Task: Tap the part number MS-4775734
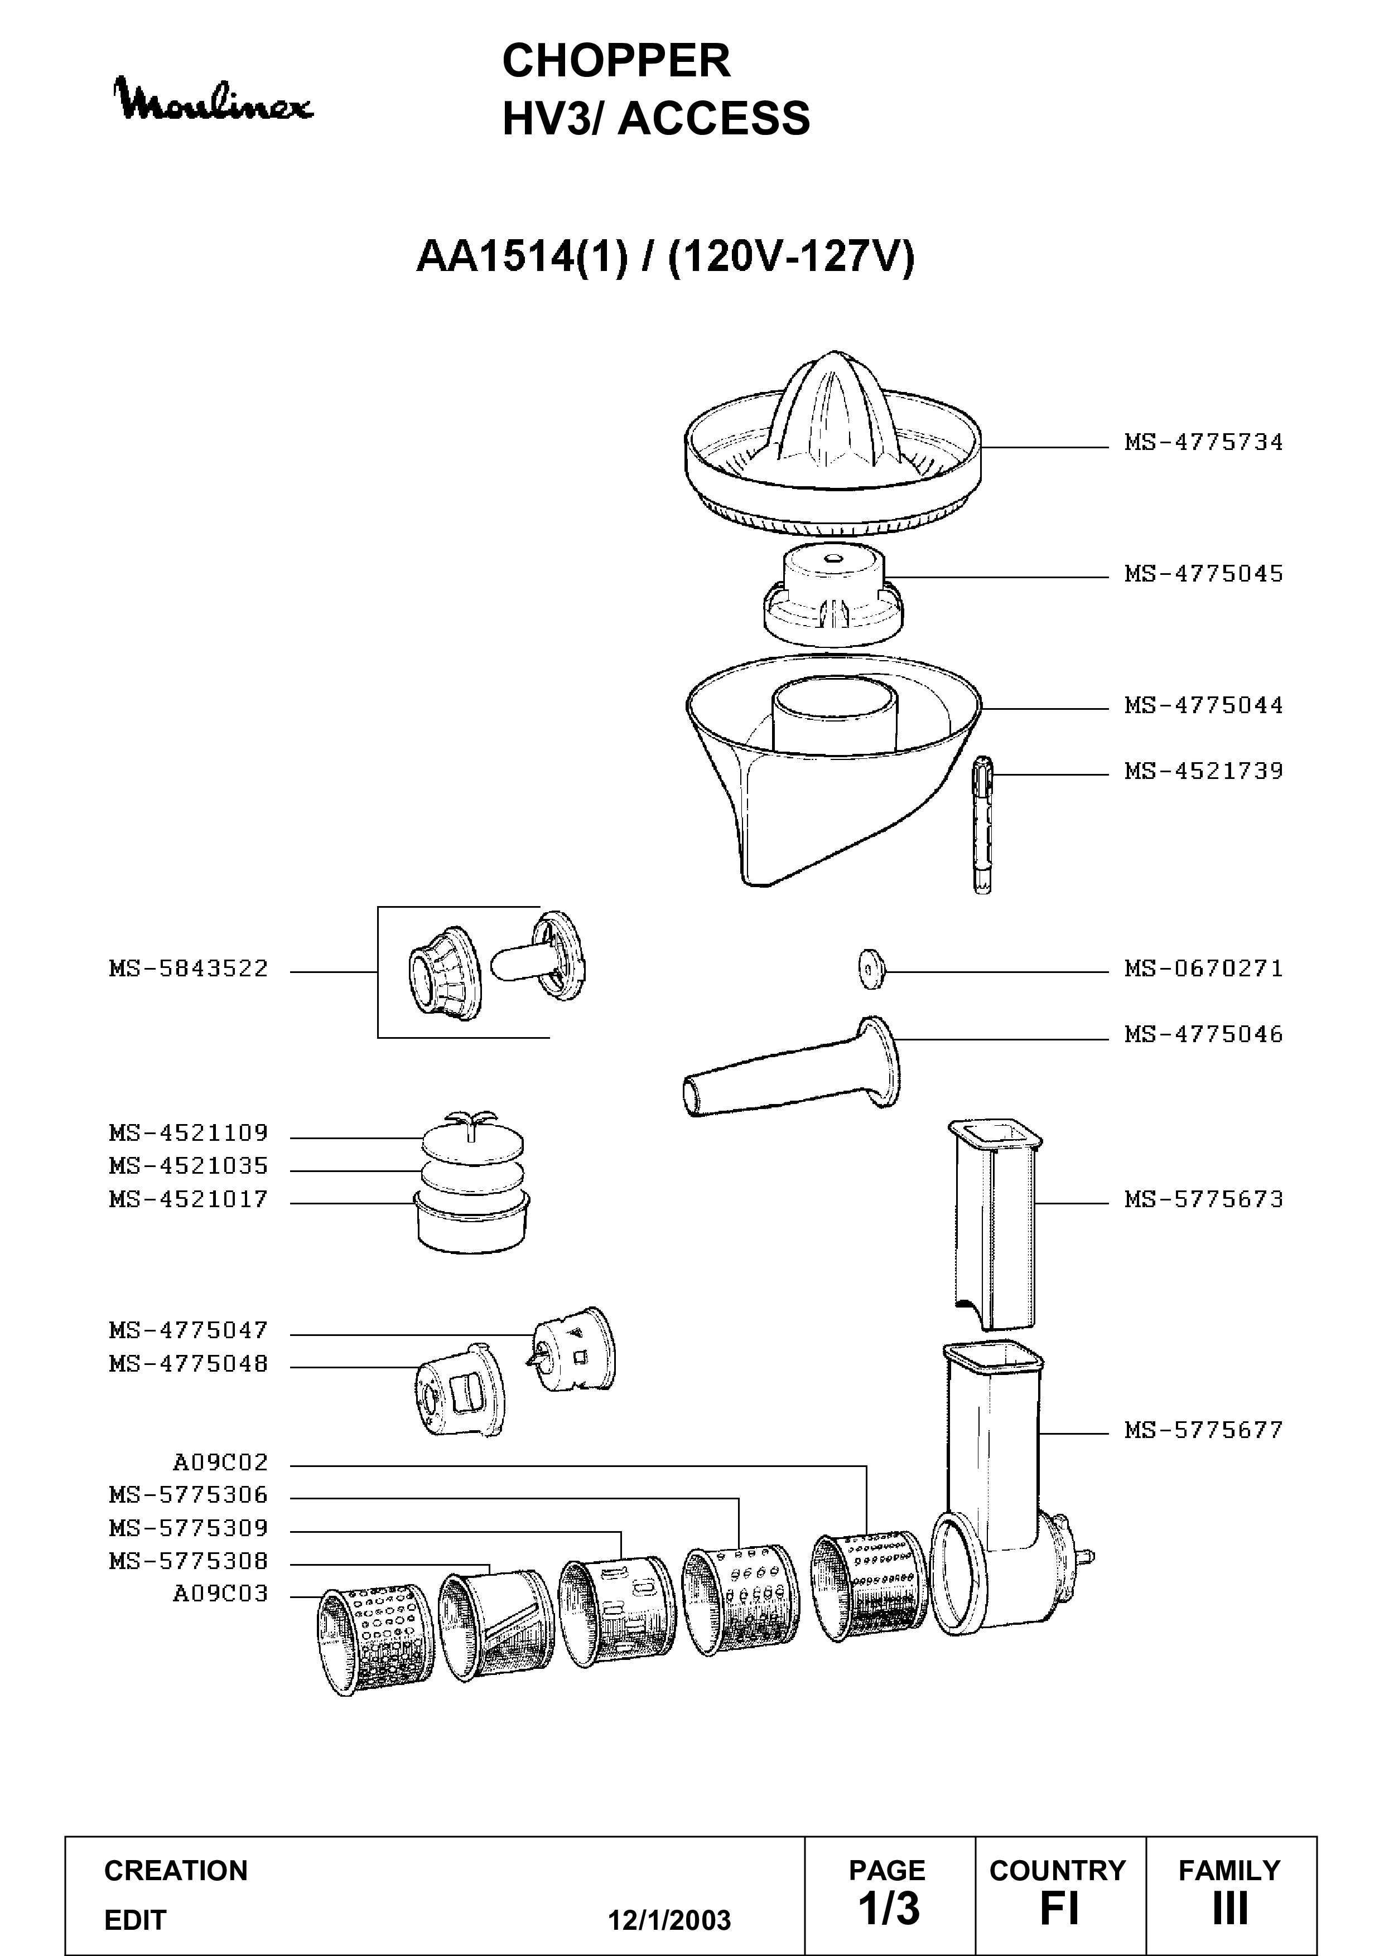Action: (1203, 442)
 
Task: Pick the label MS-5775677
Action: (1203, 1430)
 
